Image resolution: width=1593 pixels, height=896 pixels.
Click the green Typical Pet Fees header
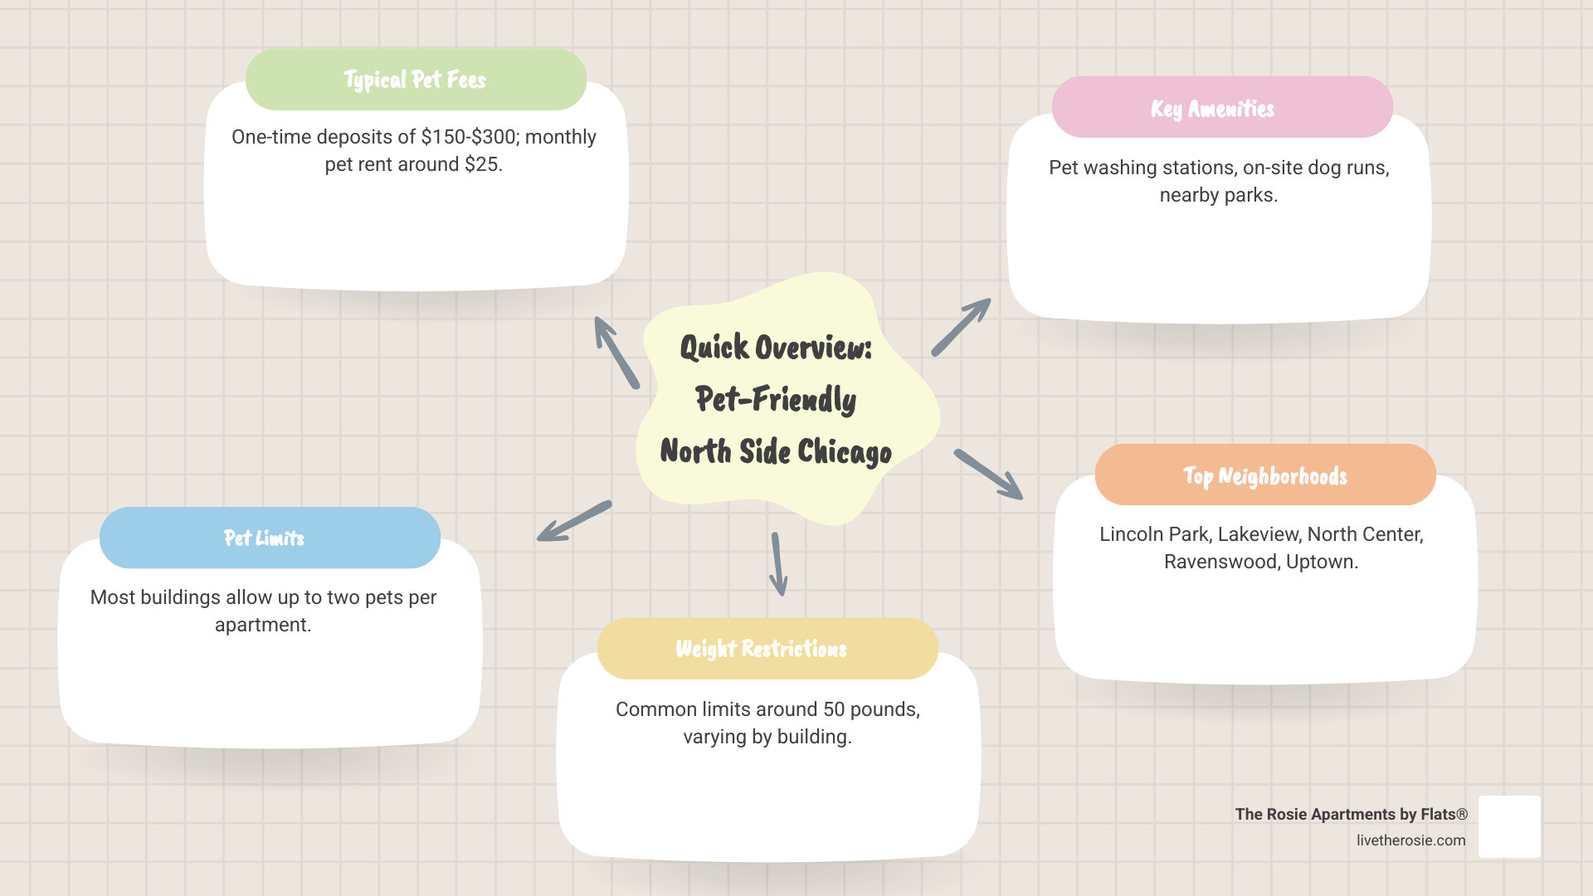pyautogui.click(x=416, y=80)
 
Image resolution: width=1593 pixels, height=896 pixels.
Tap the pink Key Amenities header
pyautogui.click(x=1221, y=108)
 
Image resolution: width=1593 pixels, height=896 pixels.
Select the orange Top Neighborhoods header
pyautogui.click(x=1264, y=475)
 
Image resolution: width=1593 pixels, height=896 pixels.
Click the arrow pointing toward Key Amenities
pyautogui.click(x=961, y=327)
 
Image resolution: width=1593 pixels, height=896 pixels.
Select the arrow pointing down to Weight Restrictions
pyautogui.click(x=777, y=564)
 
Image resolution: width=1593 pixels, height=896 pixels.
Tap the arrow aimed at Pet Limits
pyautogui.click(x=574, y=521)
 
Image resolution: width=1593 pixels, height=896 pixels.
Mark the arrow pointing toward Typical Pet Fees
pyautogui.click(x=616, y=353)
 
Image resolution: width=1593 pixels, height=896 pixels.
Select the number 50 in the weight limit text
pyautogui.click(x=833, y=709)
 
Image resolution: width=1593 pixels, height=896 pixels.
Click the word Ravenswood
pyautogui.click(x=1221, y=562)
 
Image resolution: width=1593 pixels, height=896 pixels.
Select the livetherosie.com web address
pyautogui.click(x=1410, y=840)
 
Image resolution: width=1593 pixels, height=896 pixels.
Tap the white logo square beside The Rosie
pyautogui.click(x=1509, y=826)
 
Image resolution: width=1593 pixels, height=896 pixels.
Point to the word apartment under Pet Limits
pyautogui.click(x=262, y=625)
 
